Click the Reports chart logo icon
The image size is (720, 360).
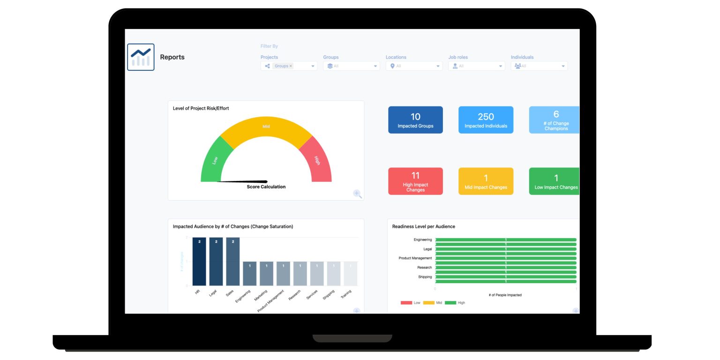tap(141, 57)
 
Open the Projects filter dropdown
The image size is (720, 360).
tap(289, 66)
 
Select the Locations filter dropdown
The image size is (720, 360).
tap(414, 66)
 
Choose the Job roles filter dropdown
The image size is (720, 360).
tap(476, 66)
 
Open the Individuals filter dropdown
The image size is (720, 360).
tap(539, 66)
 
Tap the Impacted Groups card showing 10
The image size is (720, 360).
tap(415, 120)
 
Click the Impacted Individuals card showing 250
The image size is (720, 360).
tap(486, 120)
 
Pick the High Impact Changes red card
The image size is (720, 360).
tap(415, 181)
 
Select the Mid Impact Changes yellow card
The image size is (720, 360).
tap(486, 181)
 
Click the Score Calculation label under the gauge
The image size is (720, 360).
tap(266, 187)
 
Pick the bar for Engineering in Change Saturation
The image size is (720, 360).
tap(250, 274)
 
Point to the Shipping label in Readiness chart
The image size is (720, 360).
tap(425, 277)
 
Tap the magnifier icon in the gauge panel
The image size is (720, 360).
tap(357, 194)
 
